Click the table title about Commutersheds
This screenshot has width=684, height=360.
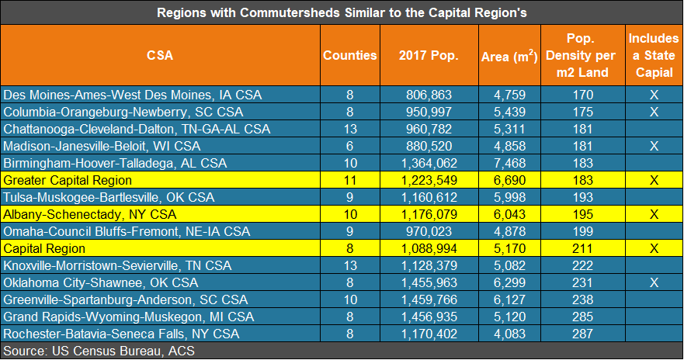[x=342, y=12]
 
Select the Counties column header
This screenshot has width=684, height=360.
[x=350, y=55]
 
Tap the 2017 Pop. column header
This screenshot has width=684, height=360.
[x=429, y=55]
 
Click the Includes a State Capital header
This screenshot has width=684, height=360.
[x=653, y=55]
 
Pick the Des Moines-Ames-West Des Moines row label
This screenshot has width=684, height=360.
[x=133, y=95]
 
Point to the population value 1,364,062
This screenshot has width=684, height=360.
[x=429, y=163]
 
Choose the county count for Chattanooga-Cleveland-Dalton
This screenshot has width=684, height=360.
[x=350, y=129]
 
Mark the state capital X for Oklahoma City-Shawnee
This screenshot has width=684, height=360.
[x=654, y=282]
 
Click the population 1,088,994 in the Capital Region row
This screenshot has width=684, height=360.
[x=429, y=248]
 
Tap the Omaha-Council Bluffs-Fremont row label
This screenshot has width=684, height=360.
[x=127, y=231]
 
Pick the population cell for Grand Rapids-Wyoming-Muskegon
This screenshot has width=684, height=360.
[x=429, y=317]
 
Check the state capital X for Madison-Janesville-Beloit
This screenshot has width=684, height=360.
[x=654, y=146]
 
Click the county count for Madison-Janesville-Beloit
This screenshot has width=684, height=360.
[x=350, y=146]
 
